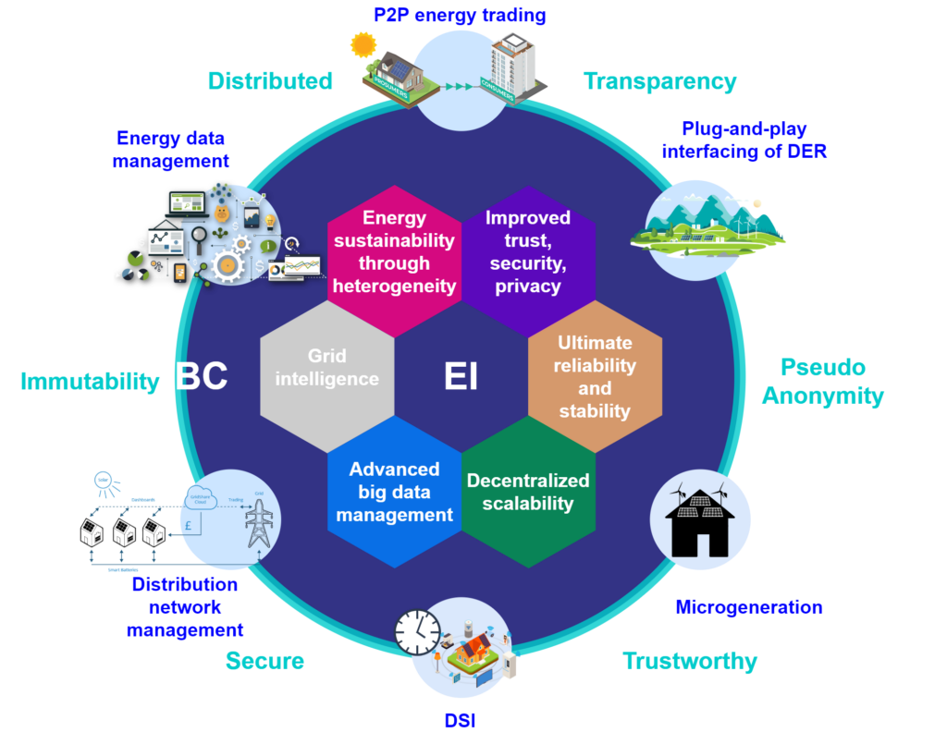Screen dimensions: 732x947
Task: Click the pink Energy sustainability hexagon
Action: click(x=395, y=251)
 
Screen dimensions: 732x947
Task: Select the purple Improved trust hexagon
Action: click(x=528, y=251)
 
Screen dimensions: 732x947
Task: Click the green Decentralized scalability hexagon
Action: click(x=528, y=492)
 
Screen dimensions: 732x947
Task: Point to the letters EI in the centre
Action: click(x=461, y=377)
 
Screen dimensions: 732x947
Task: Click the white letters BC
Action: click(x=202, y=376)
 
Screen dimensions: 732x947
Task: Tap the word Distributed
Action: click(x=269, y=81)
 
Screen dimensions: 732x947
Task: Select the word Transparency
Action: click(x=660, y=81)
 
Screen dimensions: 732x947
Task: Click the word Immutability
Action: click(x=90, y=382)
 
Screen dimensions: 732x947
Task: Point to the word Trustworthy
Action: click(x=690, y=661)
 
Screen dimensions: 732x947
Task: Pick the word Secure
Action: click(x=264, y=661)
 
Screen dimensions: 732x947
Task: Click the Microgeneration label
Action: click(x=748, y=607)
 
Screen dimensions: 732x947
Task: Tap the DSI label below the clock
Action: click(x=460, y=720)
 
